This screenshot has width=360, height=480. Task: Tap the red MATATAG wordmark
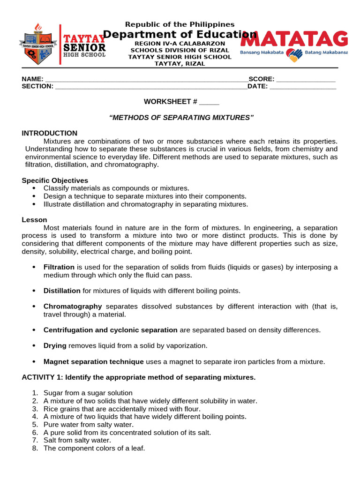[x=294, y=39]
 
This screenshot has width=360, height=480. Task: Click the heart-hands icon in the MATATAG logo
[x=295, y=55]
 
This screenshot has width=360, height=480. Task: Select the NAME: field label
[x=32, y=79]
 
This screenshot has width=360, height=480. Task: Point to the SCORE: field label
[x=262, y=79]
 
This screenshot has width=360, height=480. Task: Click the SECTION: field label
[x=37, y=86]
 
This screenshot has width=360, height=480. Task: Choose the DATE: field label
[x=258, y=86]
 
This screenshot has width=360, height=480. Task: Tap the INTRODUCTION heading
[x=50, y=133]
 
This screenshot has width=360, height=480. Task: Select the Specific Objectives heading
[x=55, y=180]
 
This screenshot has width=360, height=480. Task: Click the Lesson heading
[x=34, y=219]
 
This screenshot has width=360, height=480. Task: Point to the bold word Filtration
[x=59, y=267]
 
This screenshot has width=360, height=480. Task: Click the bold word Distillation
[x=62, y=291]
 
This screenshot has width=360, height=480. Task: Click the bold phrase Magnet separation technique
[x=94, y=361]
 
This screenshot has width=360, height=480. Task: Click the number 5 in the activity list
[x=35, y=425]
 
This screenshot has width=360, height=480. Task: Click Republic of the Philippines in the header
[x=180, y=24]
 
